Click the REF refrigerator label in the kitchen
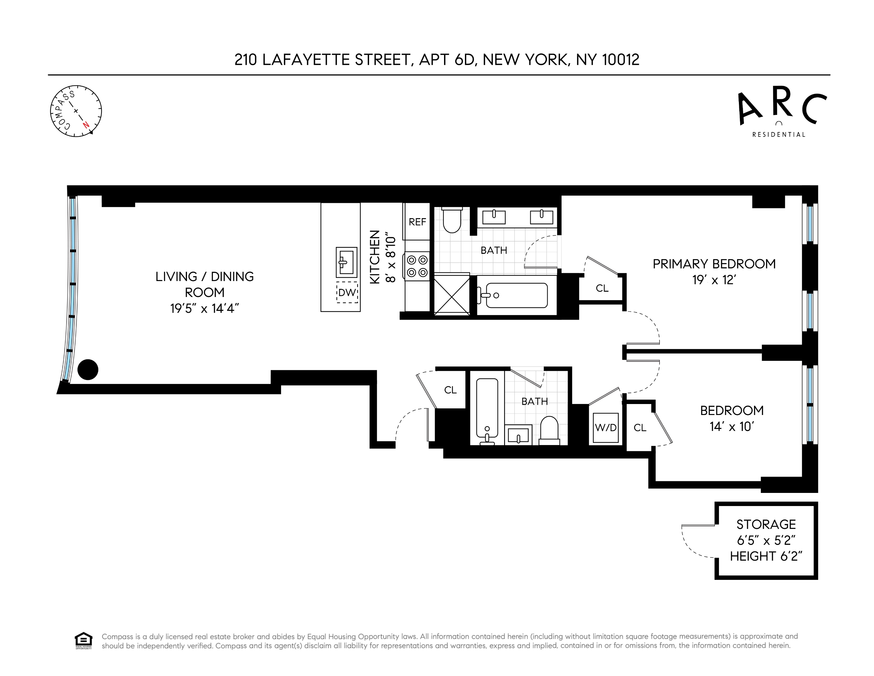coord(417,222)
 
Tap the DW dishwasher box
coord(347,292)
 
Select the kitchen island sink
coord(346,262)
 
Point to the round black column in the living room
coord(88,369)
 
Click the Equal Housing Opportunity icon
coord(83,640)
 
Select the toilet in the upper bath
coord(452,220)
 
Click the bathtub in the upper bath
coord(516,295)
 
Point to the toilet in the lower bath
coord(549,430)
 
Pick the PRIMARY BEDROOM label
coord(714,264)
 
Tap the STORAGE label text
coord(766,524)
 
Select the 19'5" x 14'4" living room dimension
coord(205,308)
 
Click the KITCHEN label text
coord(375,257)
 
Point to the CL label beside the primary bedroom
coord(602,288)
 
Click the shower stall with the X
coord(452,295)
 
